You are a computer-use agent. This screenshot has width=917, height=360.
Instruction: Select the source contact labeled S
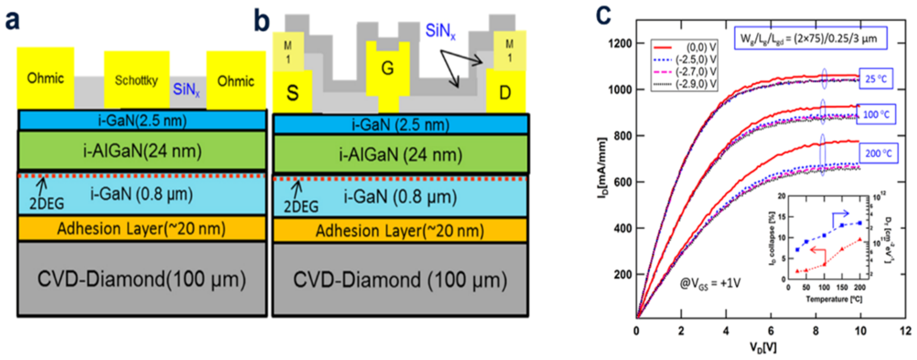[x=292, y=92]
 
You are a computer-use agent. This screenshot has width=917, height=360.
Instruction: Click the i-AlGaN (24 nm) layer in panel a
[x=143, y=151]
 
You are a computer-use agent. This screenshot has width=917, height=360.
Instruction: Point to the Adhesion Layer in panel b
[x=400, y=231]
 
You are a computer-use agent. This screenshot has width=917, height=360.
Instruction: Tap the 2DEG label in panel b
[x=301, y=207]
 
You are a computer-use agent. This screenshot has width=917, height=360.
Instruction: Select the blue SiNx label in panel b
[x=440, y=31]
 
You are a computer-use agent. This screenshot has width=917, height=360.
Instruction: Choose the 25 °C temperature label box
[x=876, y=78]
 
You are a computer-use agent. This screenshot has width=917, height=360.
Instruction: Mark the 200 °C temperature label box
[x=878, y=153]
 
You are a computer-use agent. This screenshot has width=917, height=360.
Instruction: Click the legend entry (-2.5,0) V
[x=696, y=60]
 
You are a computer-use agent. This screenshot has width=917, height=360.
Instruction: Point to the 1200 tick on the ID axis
[x=619, y=44]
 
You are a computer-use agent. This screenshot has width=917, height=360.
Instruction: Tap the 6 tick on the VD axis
[x=771, y=331]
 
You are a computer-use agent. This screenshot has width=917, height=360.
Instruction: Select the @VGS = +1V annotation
[x=710, y=283]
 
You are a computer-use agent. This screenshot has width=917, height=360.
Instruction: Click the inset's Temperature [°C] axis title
[x=834, y=299]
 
